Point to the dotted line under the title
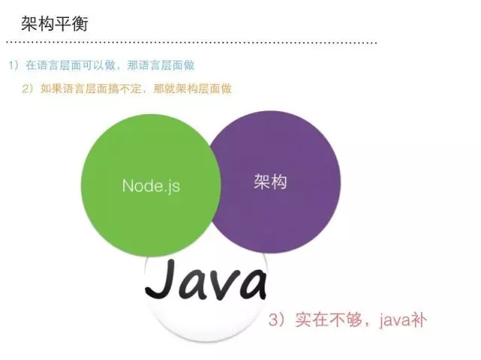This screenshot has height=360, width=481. pyautogui.click(x=195, y=43)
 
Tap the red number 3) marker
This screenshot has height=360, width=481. pyautogui.click(x=277, y=322)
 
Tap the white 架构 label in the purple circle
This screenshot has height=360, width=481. pyautogui.click(x=271, y=182)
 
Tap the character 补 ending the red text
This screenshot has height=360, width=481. pyautogui.click(x=417, y=321)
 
